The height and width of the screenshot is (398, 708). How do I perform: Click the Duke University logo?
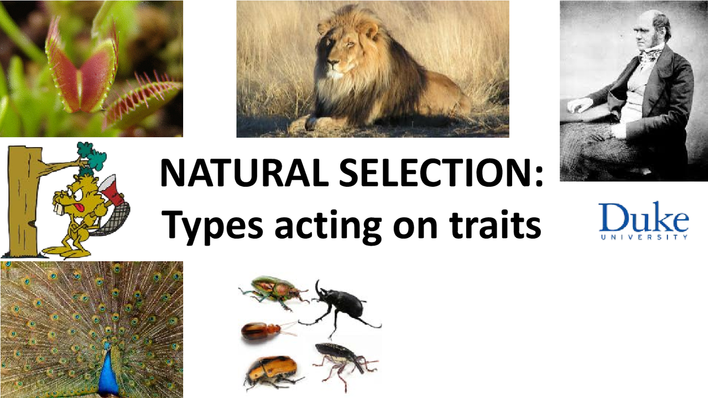coord(643,221)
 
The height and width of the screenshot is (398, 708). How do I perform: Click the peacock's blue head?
coord(107,354)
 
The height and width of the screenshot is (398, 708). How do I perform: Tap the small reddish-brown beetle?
coord(261,331)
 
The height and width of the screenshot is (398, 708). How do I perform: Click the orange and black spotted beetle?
coord(271,370)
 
